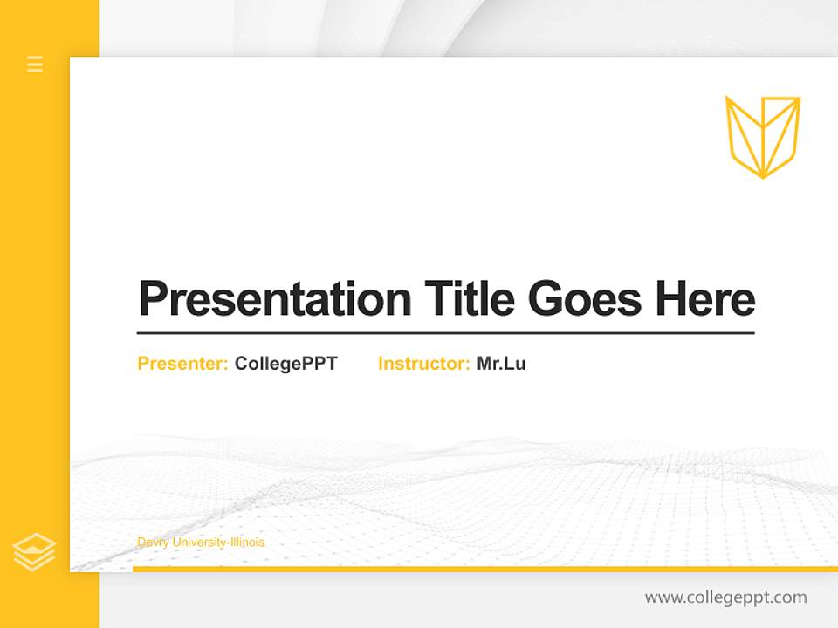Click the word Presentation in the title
pyautogui.click(x=274, y=299)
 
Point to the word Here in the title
pyautogui.click(x=705, y=299)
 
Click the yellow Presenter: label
pyautogui.click(x=182, y=364)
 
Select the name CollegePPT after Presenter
pyautogui.click(x=285, y=364)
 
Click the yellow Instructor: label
pyautogui.click(x=423, y=364)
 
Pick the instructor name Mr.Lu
pyautogui.click(x=501, y=364)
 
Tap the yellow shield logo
pyautogui.click(x=762, y=137)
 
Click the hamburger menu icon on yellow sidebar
pyautogui.click(x=35, y=64)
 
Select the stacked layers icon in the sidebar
pyautogui.click(x=34, y=552)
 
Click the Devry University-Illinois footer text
pyautogui.click(x=201, y=543)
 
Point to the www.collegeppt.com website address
pyautogui.click(x=725, y=597)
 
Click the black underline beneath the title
pyautogui.click(x=445, y=333)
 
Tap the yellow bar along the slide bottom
pyautogui.click(x=484, y=569)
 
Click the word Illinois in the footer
pyautogui.click(x=246, y=543)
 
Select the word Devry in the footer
pyautogui.click(x=152, y=543)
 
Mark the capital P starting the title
pyautogui.click(x=152, y=299)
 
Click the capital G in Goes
pyautogui.click(x=544, y=299)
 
